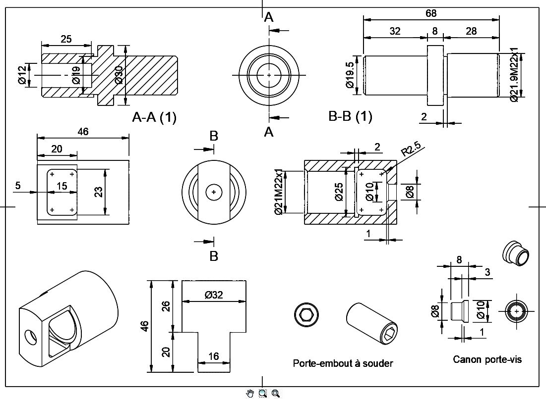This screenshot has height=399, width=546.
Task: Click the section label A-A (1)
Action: pyautogui.click(x=154, y=117)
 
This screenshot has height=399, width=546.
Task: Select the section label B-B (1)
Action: pyautogui.click(x=350, y=116)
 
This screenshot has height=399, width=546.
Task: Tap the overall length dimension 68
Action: pyautogui.click(x=431, y=13)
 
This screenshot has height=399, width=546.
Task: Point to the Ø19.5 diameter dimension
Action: pyautogui.click(x=350, y=75)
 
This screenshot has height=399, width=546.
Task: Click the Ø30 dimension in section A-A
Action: pyautogui.click(x=119, y=75)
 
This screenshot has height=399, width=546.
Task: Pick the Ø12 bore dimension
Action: pyautogui.click(x=22, y=75)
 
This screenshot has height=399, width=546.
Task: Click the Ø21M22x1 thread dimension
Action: pyautogui.click(x=279, y=192)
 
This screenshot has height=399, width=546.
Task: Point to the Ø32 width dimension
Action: pyautogui.click(x=214, y=295)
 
